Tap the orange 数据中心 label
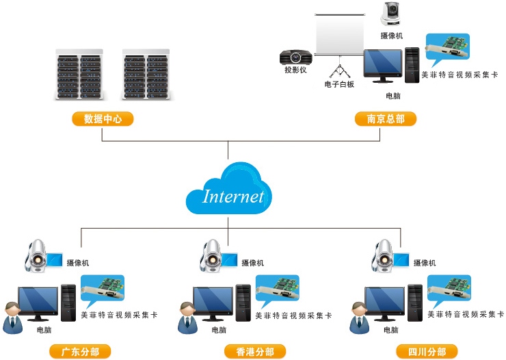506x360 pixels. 103,118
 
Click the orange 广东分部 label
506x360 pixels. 80,352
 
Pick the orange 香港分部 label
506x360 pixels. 255,352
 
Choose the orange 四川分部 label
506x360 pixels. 427,352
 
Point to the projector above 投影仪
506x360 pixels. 295,56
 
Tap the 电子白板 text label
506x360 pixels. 339,84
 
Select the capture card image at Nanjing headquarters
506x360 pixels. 448,51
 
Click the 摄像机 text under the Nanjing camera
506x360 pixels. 392,35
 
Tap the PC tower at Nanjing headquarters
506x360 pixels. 412,65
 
